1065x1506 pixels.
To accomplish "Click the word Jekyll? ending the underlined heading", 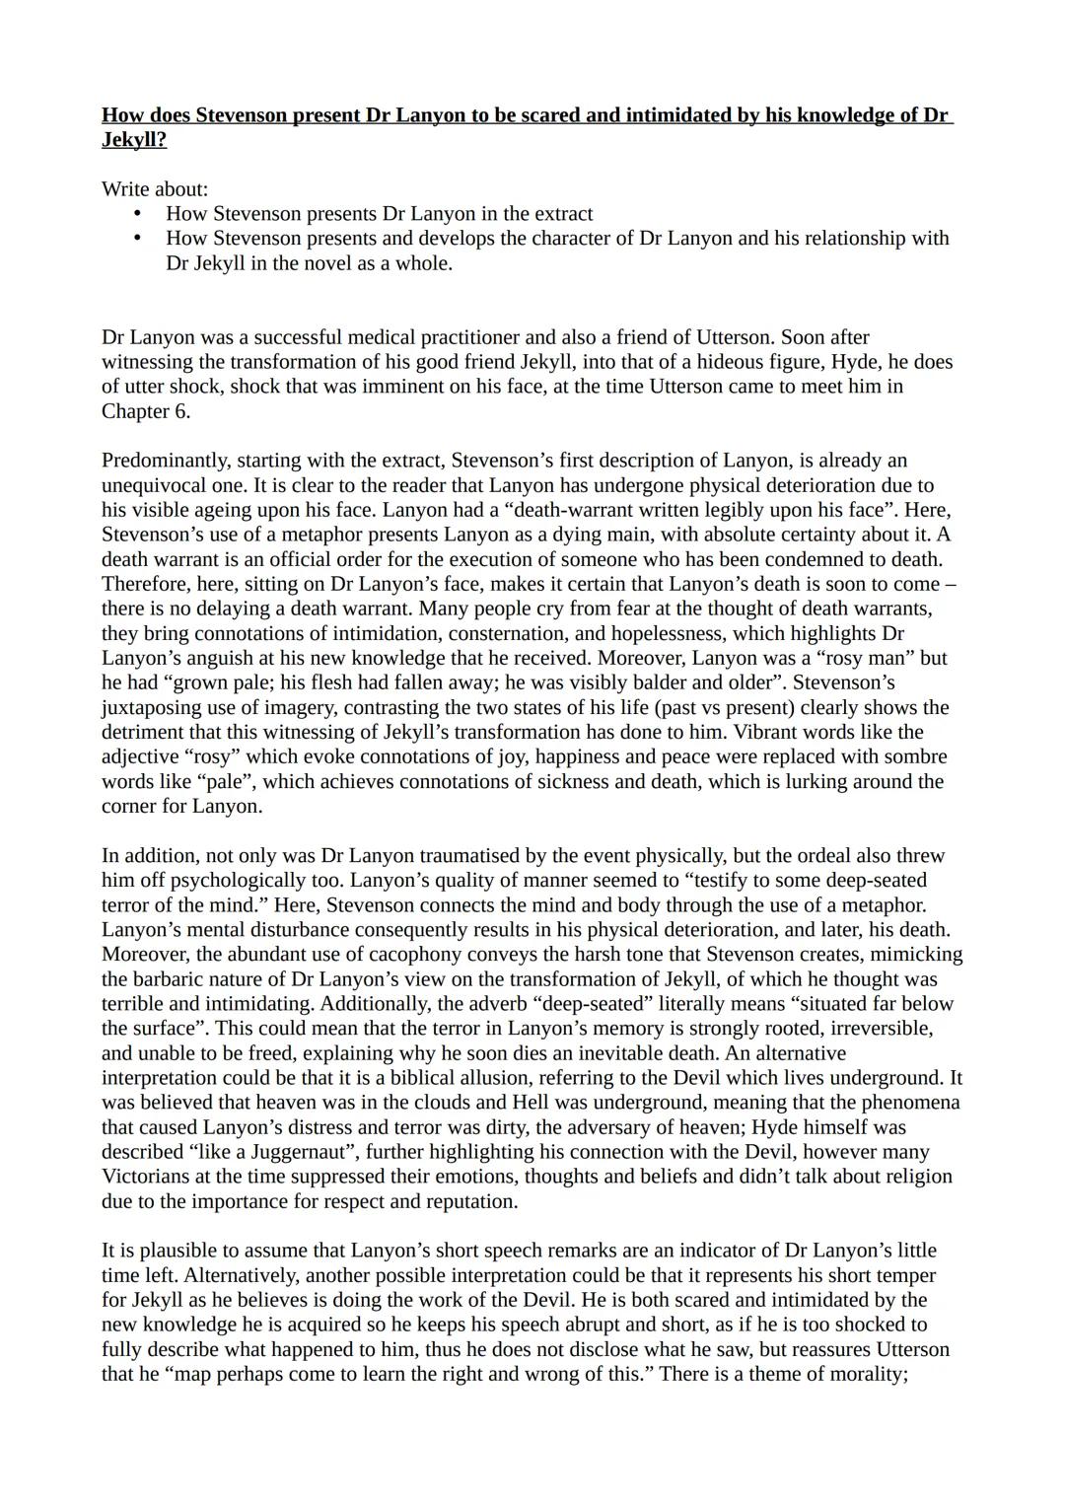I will coord(134,140).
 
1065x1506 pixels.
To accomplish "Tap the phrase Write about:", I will coord(155,188).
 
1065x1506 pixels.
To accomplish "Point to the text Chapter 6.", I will coord(146,411).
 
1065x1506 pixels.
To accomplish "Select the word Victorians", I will coord(148,1177).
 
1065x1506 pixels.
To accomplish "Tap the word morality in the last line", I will coord(869,1374).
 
